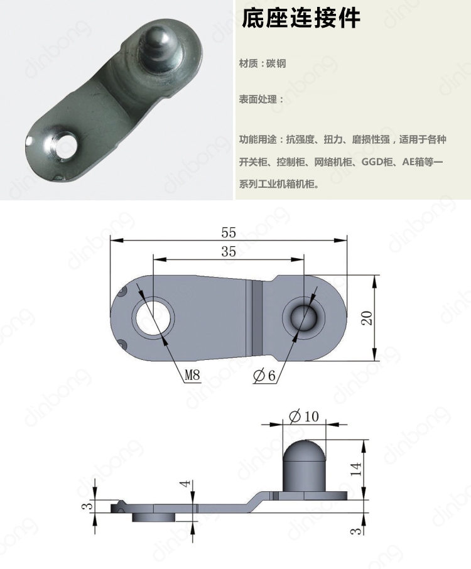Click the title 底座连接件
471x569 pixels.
coord(301,19)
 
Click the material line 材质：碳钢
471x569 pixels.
coord(263,64)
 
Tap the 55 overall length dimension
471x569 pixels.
coord(229,232)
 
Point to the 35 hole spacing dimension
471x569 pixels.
coord(229,251)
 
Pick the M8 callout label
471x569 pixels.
coord(192,376)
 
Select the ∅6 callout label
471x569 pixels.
coord(264,376)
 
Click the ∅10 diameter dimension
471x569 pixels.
coord(304,416)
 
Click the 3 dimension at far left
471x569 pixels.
coord(89,505)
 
